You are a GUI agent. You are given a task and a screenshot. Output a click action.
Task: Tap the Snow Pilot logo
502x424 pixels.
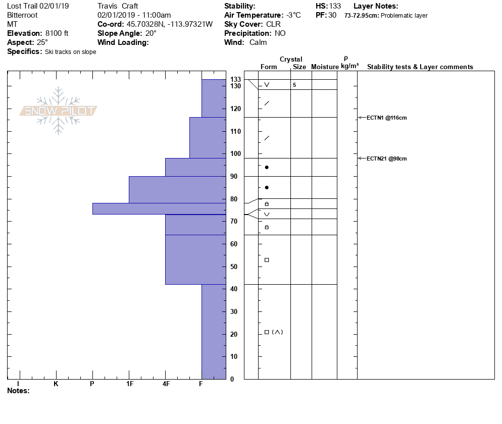tap(59, 111)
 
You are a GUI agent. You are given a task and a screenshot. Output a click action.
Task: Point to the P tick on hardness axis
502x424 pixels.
tap(92, 384)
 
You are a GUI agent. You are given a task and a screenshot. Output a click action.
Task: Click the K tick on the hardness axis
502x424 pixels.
tap(56, 384)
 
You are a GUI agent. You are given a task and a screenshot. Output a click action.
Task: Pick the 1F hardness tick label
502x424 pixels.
tap(129, 384)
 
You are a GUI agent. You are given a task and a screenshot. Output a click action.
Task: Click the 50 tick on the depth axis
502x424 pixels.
tap(234, 267)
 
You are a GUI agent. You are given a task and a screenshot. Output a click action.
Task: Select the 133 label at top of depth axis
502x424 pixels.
tap(235, 80)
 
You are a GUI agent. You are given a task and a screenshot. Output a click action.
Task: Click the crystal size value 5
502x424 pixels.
tap(294, 85)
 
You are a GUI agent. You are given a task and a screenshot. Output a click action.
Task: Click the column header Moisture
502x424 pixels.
tap(325, 67)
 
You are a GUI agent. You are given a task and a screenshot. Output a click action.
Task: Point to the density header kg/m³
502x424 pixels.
tap(349, 66)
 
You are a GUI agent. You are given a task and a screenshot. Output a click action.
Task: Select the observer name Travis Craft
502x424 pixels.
tap(118, 6)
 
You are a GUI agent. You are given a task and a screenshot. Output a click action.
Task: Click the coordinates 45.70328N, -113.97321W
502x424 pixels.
tap(170, 24)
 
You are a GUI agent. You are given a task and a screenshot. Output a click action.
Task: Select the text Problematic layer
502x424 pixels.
tap(404, 16)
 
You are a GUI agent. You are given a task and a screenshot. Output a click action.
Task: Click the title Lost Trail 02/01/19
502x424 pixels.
tap(38, 6)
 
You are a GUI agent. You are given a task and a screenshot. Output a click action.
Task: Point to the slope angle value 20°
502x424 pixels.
tap(151, 33)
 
